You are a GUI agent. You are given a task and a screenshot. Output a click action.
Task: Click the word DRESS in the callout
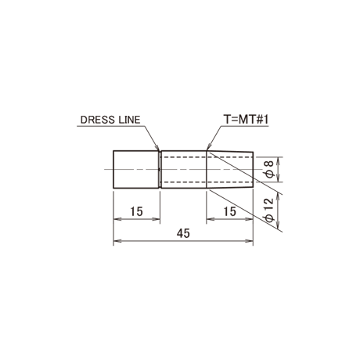(98, 120)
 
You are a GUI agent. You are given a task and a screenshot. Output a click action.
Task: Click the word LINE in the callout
(129, 120)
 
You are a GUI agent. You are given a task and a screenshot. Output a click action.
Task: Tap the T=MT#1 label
(246, 120)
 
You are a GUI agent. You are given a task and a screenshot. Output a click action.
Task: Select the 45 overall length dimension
(183, 233)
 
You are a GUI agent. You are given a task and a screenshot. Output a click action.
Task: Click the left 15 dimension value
(136, 211)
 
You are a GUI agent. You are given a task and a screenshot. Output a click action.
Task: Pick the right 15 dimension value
(230, 211)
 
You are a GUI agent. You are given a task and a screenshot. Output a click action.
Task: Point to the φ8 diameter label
(270, 169)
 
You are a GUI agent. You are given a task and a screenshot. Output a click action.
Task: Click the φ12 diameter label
(269, 210)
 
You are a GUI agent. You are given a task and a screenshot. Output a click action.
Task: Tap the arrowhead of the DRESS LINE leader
(157, 148)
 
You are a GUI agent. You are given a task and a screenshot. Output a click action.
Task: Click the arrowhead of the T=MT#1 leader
(208, 148)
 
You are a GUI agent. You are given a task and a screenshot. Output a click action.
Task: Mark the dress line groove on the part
(160, 169)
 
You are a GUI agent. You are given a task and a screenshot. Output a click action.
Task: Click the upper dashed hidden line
(207, 157)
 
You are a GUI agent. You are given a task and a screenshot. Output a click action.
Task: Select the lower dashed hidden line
(207, 182)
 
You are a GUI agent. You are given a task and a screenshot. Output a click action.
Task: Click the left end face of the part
(113, 169)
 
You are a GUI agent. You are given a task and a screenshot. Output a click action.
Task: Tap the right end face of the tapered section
(253, 169)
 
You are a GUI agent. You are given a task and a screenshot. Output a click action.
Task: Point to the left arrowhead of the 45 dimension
(117, 241)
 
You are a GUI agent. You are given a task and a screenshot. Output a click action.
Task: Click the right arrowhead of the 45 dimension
(249, 241)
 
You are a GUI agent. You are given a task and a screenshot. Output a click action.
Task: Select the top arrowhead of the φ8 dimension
(279, 161)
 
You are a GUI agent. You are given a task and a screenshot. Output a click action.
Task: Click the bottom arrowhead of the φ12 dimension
(279, 226)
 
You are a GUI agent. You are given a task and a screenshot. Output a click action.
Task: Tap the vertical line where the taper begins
(207, 169)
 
